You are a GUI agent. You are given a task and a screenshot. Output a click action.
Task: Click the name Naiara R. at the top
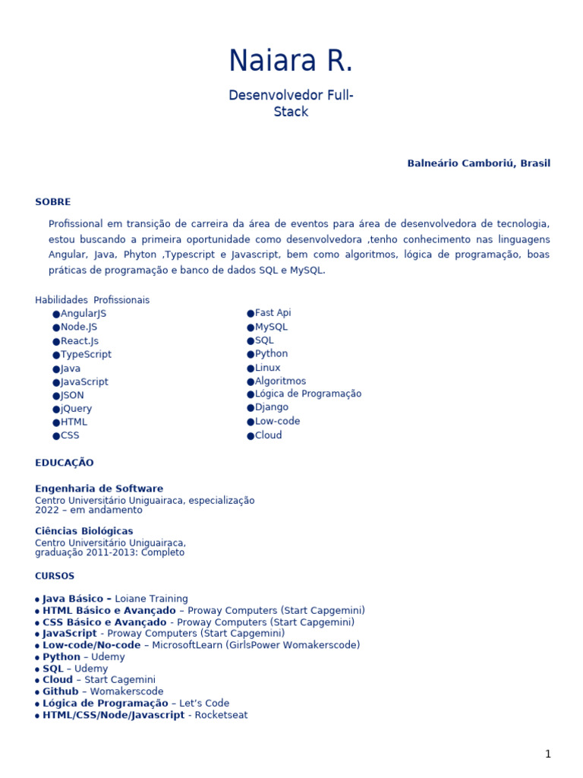point(291,62)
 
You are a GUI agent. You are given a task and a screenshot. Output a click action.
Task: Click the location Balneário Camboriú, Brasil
point(478,163)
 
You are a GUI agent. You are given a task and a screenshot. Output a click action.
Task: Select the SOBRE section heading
point(52,202)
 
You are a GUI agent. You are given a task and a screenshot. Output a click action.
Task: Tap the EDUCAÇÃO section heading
point(64,463)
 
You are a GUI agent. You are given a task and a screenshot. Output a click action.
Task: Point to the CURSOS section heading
point(55,576)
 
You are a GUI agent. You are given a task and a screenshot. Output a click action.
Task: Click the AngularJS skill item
point(84,314)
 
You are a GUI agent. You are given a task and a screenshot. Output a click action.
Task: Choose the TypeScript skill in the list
point(86,355)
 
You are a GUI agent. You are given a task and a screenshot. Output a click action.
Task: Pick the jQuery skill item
point(76,409)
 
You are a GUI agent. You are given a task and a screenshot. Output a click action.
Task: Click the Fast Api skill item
point(273,313)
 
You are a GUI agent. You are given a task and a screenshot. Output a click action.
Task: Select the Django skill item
point(271,407)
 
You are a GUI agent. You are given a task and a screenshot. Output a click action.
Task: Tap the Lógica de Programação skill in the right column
point(307,394)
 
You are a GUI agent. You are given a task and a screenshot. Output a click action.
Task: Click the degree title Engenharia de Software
point(99,489)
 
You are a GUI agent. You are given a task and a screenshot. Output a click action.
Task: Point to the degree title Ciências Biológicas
point(84,531)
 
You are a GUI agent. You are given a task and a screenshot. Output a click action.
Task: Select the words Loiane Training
point(151,599)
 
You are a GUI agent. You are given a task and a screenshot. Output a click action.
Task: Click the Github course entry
point(60,691)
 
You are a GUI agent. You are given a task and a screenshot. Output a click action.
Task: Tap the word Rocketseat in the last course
point(221,715)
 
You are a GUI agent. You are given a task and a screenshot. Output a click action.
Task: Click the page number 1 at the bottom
point(547,754)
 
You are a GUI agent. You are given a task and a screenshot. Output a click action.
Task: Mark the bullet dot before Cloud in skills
point(251,436)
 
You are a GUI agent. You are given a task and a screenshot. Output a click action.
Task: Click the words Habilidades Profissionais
point(92,300)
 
